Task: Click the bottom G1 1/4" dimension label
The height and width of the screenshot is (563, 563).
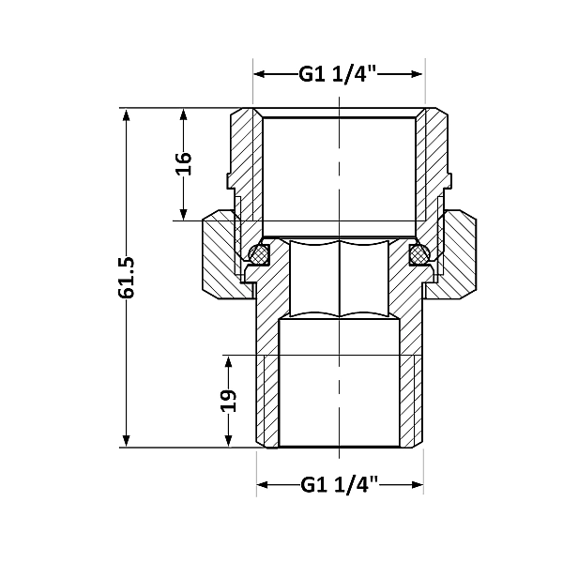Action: click(x=339, y=485)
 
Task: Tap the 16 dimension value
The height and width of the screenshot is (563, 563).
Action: click(x=184, y=163)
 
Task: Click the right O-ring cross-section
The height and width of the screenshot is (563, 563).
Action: click(x=416, y=253)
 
